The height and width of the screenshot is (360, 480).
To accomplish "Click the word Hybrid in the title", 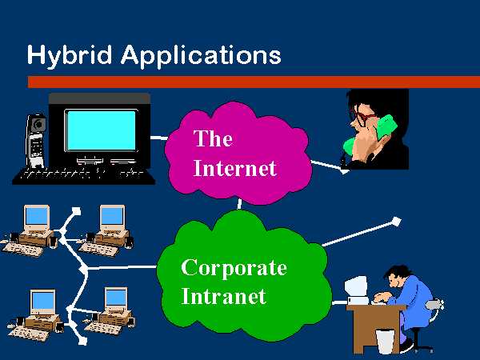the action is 70,55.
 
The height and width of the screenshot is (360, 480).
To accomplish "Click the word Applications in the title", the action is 201,55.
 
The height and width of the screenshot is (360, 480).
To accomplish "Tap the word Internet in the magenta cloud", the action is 234,168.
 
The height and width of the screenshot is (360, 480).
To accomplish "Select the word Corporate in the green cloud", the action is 234,267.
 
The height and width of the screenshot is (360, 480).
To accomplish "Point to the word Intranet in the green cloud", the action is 223,296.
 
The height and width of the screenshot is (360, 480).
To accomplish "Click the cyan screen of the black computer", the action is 102,130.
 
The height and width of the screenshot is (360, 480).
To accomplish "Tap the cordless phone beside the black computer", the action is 36,141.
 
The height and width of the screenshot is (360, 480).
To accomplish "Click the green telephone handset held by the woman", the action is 371,134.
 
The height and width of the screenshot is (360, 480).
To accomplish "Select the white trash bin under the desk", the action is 385,342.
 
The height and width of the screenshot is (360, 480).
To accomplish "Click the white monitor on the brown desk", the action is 356,290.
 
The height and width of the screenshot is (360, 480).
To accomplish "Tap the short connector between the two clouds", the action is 239,204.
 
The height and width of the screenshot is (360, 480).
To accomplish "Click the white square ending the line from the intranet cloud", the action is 396,222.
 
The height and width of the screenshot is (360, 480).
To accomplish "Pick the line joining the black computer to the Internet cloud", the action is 159,138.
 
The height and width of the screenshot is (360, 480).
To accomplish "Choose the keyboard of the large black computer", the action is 83,177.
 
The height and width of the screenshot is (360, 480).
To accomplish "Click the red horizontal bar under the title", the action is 254,82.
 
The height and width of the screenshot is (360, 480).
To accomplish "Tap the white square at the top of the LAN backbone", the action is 76,211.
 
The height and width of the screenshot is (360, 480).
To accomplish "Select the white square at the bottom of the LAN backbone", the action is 83,341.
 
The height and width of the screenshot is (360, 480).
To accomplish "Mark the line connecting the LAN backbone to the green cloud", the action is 122,267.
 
